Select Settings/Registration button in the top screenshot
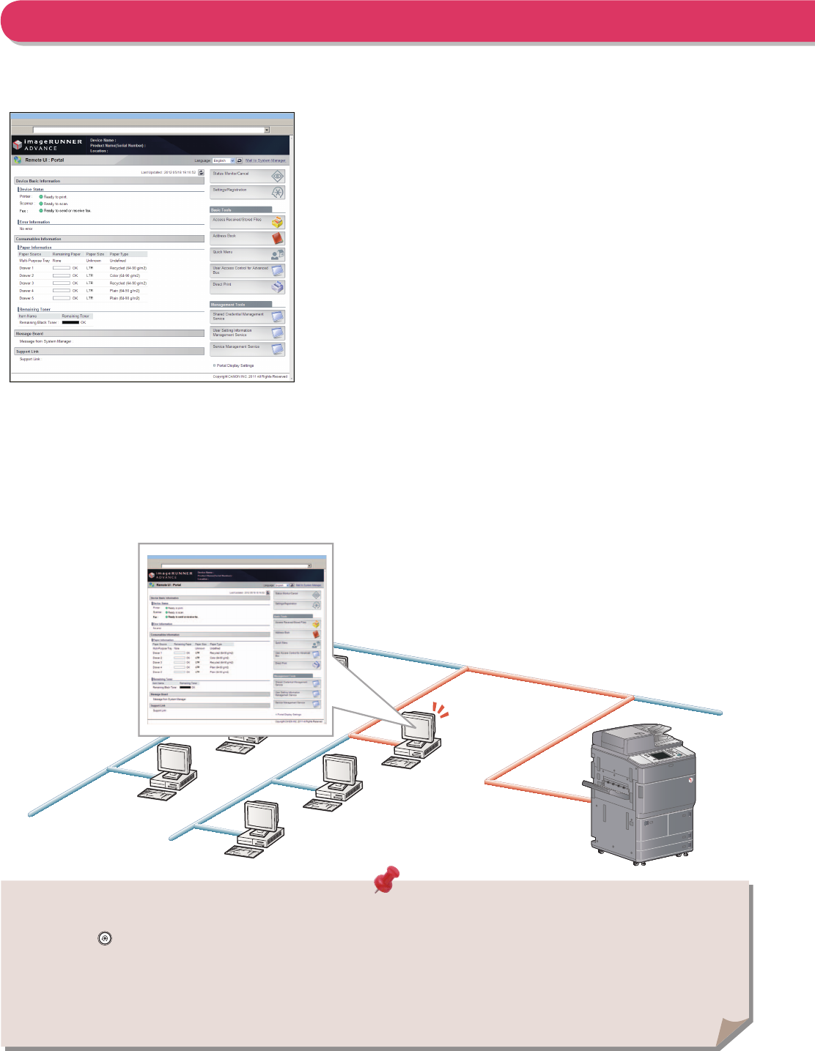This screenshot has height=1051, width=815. [247, 192]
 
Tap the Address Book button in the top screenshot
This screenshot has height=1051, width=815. [247, 238]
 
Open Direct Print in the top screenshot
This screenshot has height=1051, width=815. [247, 286]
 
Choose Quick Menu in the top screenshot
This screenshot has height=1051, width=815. [247, 254]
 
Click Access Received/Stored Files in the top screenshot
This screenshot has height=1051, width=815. [247, 221]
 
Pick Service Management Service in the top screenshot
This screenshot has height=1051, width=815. [247, 349]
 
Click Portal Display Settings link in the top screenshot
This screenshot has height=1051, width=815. [235, 365]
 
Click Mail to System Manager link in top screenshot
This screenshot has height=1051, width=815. [265, 160]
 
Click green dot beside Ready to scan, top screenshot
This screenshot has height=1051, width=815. [41, 204]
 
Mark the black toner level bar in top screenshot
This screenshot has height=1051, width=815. [70, 322]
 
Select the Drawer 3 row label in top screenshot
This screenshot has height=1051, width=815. [26, 283]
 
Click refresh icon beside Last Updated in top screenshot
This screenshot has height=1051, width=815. [202, 173]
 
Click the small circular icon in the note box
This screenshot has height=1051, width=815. [105, 938]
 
